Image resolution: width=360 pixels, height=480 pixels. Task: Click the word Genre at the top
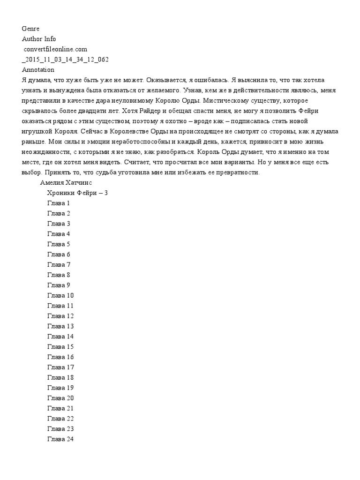[x=30, y=29]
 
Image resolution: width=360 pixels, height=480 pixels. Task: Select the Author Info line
[x=39, y=39]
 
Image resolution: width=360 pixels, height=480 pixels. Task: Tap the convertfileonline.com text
[x=55, y=49]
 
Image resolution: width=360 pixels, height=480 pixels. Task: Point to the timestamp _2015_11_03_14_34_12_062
[x=66, y=60]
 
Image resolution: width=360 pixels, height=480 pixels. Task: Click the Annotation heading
[x=38, y=70]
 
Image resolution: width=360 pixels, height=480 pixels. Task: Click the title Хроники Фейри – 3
[x=78, y=193]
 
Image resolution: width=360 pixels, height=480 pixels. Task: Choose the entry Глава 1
[x=59, y=203]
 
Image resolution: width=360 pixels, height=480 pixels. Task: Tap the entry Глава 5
[x=59, y=244]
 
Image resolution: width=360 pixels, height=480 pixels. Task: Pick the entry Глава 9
[x=59, y=285]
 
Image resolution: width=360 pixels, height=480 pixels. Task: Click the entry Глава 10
[x=60, y=295]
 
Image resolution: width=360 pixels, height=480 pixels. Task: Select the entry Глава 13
[x=60, y=326]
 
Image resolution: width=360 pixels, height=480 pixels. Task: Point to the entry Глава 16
[x=60, y=357]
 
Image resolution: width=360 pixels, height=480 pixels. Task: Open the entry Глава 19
[x=60, y=388]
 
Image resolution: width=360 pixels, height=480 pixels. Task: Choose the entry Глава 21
[x=60, y=408]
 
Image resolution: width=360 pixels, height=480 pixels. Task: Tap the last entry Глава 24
[x=60, y=439]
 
